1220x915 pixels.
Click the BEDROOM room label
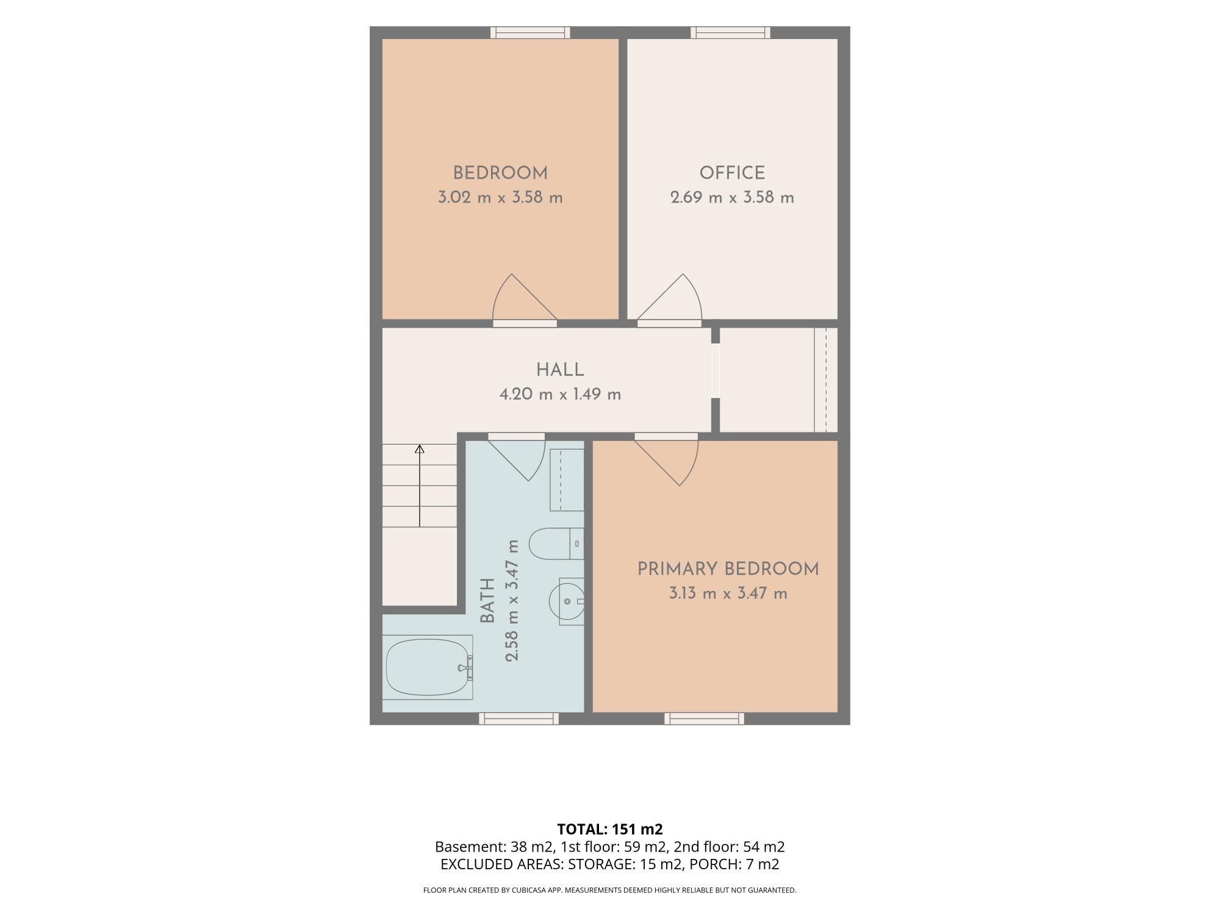(x=500, y=173)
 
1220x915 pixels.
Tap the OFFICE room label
(x=732, y=173)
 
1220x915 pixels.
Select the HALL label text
(x=560, y=370)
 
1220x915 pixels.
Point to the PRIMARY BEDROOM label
(x=728, y=569)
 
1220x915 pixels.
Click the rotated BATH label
(x=487, y=601)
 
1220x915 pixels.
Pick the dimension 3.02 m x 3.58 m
(x=500, y=198)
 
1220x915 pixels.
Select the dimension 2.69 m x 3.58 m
(x=732, y=198)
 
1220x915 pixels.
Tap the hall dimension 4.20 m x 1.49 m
(x=560, y=394)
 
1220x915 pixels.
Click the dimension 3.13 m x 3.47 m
(x=728, y=594)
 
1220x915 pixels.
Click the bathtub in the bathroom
(x=428, y=667)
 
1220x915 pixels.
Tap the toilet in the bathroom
(x=555, y=543)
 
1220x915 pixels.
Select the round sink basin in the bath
(x=566, y=601)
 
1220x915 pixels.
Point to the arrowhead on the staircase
(x=420, y=450)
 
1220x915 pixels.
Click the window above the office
(x=730, y=32)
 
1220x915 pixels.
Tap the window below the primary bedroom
(x=704, y=719)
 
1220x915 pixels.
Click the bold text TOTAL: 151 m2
(x=610, y=829)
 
